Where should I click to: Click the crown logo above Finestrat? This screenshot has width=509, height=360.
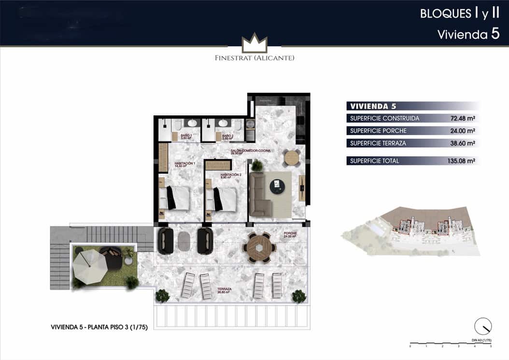254,43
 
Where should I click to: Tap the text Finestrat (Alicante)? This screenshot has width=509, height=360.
254,58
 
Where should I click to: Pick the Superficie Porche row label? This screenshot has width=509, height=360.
378,131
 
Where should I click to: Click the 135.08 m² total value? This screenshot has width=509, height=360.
461,161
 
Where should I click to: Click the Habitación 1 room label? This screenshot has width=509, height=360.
184,164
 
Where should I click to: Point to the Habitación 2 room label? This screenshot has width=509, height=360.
230,175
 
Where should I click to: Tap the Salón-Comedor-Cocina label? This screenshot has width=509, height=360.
250,151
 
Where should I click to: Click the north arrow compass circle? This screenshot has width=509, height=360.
482,327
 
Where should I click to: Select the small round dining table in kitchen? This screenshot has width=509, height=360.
292,157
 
